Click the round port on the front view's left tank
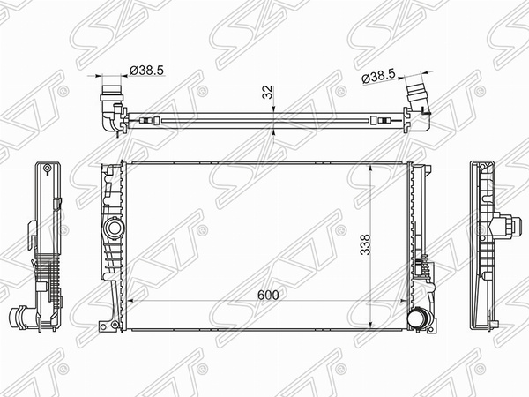[x=112, y=229]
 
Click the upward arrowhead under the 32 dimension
[x=276, y=133]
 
